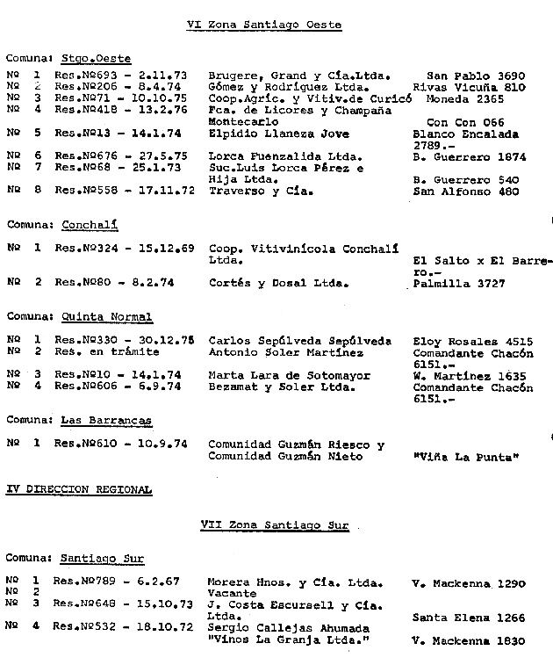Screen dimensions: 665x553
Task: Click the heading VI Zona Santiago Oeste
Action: [264, 25]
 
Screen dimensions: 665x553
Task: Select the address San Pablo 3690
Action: [475, 76]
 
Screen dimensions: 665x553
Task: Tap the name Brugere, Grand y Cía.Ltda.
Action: [299, 76]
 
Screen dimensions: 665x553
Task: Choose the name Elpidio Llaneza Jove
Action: [279, 134]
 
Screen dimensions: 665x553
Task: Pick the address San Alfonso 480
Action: [465, 191]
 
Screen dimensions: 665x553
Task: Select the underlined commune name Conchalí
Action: [90, 225]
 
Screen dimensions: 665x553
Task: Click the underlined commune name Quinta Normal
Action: [106, 317]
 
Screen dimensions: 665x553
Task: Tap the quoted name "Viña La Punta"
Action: [466, 456]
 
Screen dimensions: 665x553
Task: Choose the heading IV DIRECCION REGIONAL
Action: [79, 489]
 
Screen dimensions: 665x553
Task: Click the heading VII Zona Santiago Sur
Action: [275, 525]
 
